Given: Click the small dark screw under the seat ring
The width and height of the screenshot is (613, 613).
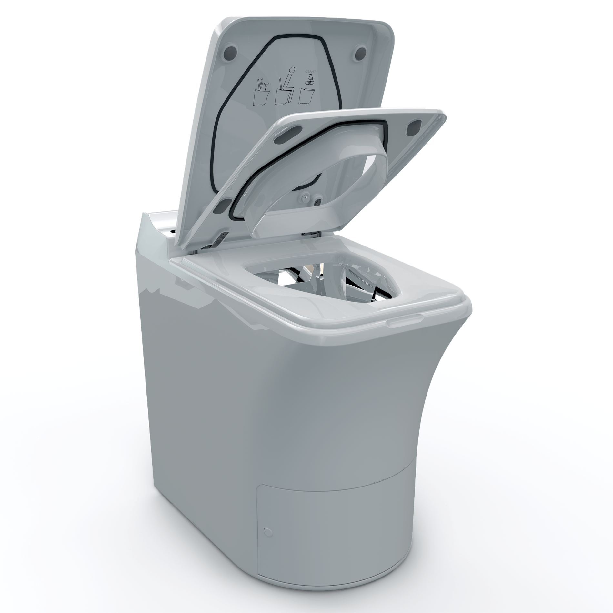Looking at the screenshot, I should click(318, 201).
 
